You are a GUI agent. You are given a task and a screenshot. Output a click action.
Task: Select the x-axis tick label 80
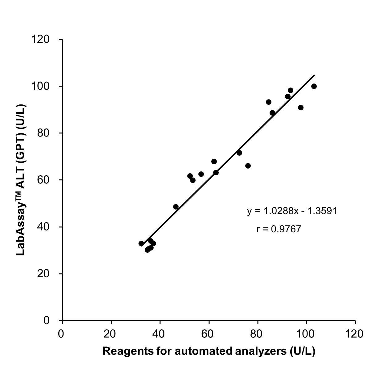[258, 334]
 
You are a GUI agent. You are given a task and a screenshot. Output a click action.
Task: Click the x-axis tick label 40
[160, 334]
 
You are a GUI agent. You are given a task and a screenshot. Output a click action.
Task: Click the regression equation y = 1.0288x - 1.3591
[292, 211]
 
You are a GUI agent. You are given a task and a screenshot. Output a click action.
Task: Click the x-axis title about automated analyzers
[209, 351]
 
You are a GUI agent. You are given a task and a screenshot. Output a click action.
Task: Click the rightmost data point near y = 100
[314, 86]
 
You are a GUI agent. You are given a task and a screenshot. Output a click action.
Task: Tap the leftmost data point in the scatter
[141, 243]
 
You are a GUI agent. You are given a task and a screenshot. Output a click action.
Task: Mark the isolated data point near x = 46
[176, 207]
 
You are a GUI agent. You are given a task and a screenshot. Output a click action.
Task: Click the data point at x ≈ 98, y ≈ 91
[301, 108]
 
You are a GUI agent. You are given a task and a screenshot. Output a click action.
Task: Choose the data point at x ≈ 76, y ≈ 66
[248, 166]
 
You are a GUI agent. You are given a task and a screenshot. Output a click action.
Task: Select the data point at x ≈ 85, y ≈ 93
[269, 102]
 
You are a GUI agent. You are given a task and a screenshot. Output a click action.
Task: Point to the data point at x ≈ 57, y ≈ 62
[201, 174]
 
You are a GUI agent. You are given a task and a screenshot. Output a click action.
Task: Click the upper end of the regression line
[314, 75]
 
